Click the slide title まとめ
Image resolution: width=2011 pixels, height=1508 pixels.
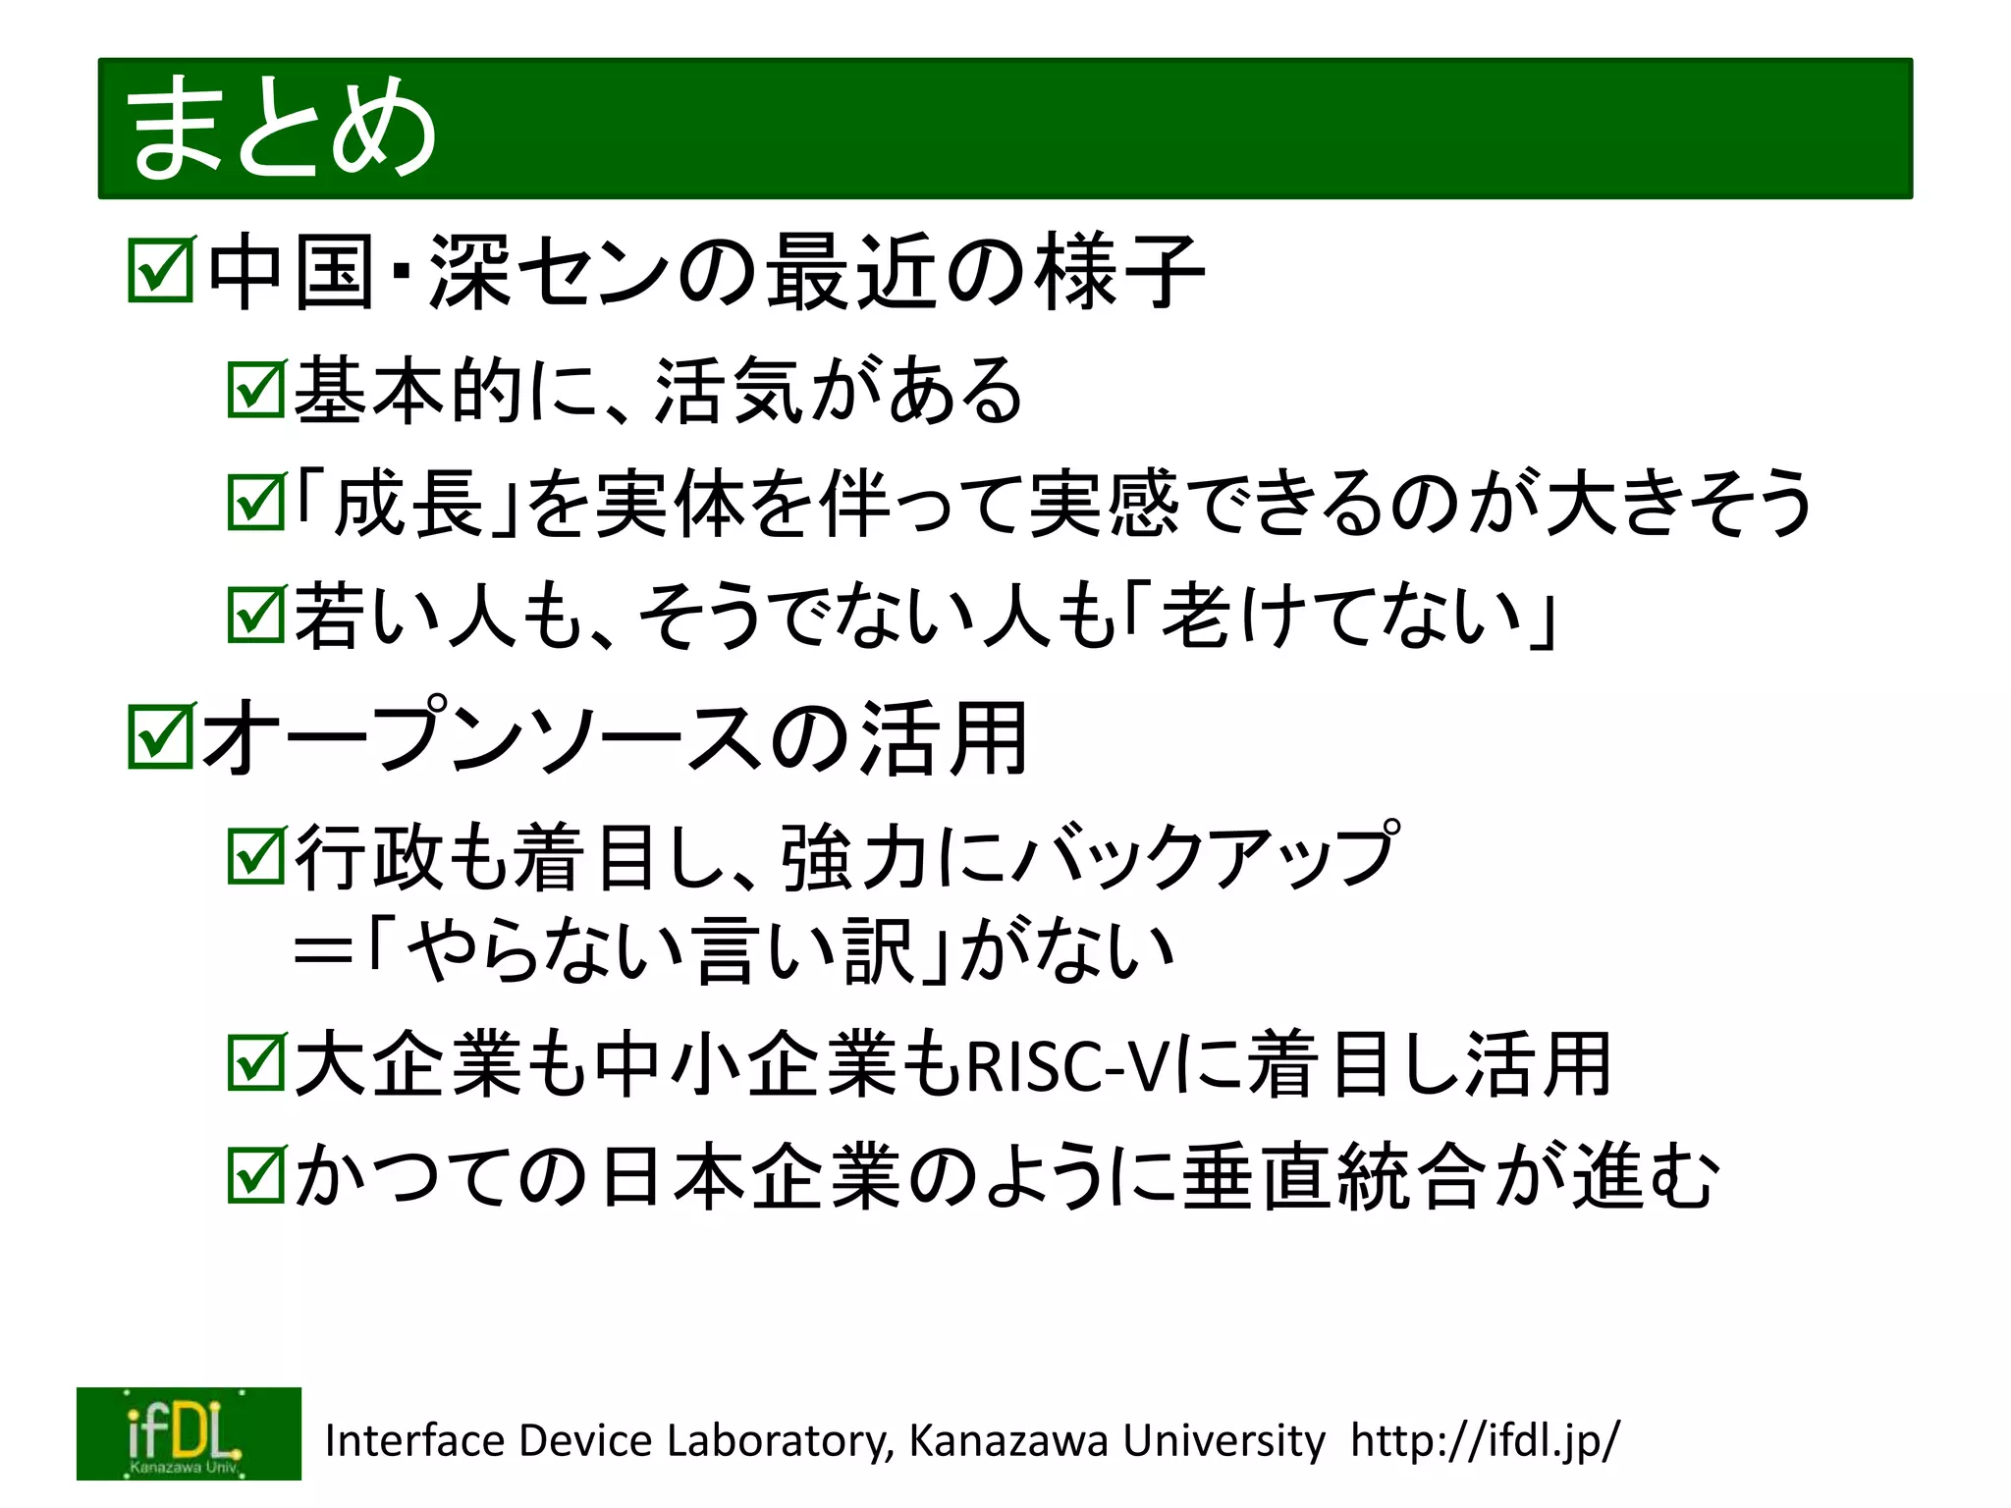click(x=282, y=129)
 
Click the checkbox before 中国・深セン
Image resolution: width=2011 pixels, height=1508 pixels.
click(x=161, y=269)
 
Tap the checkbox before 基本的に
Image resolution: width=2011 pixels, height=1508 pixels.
click(x=255, y=390)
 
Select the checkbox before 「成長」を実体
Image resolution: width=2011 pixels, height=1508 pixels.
click(x=255, y=503)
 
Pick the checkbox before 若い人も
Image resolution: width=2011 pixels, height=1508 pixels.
click(x=255, y=616)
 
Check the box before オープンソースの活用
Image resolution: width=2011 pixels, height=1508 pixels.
click(x=161, y=736)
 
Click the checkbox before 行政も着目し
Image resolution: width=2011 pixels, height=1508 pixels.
click(x=255, y=856)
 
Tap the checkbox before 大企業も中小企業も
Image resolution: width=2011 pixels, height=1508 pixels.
click(x=255, y=1063)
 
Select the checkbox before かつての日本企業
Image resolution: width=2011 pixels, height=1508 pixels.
click(x=255, y=1175)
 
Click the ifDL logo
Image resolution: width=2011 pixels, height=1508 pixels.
click(x=189, y=1433)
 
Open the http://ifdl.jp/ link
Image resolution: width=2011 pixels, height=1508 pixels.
click(x=1484, y=1440)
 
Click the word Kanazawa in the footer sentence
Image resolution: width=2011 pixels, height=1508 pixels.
click(x=1011, y=1440)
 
